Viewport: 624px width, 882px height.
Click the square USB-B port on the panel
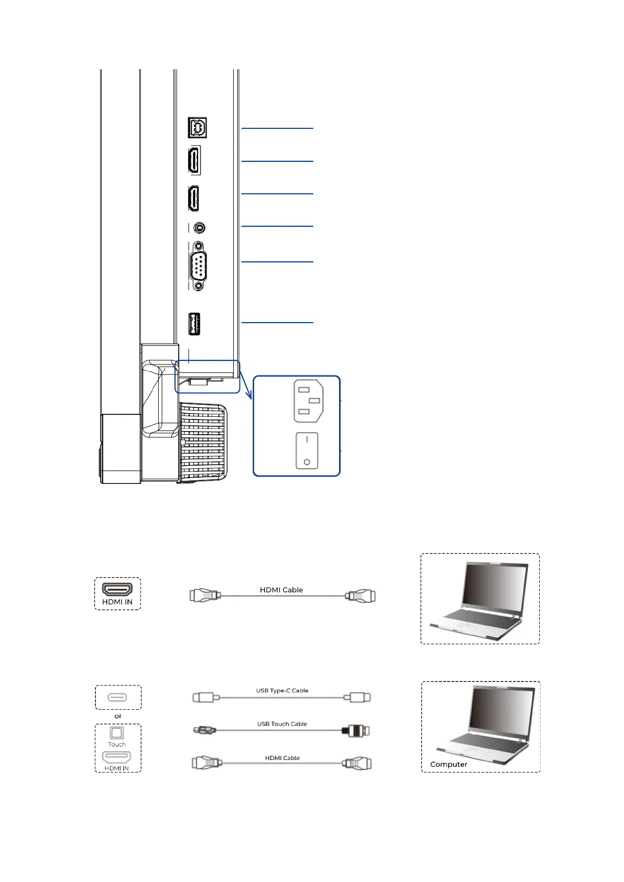[x=198, y=128]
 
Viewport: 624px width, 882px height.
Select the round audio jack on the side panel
[x=199, y=228]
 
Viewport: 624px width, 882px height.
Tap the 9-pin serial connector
[x=198, y=266]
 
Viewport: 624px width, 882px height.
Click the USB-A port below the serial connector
[x=194, y=324]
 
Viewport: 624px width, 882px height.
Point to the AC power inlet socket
[x=309, y=401]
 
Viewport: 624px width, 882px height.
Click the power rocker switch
[x=307, y=450]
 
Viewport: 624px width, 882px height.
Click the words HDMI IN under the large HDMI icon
[x=117, y=602]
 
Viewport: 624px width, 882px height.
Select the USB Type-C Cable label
[x=282, y=690]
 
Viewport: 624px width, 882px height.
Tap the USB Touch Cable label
[x=282, y=724]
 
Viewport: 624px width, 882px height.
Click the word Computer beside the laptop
[x=448, y=764]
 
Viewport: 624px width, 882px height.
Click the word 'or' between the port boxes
[x=118, y=716]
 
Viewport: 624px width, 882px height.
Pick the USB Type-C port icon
[x=117, y=697]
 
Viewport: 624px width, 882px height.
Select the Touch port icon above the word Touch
[x=117, y=733]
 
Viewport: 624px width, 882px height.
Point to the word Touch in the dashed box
[x=117, y=744]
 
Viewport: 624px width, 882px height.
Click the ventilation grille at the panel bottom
[x=203, y=443]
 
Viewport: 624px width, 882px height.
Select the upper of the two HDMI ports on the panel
[x=194, y=160]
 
